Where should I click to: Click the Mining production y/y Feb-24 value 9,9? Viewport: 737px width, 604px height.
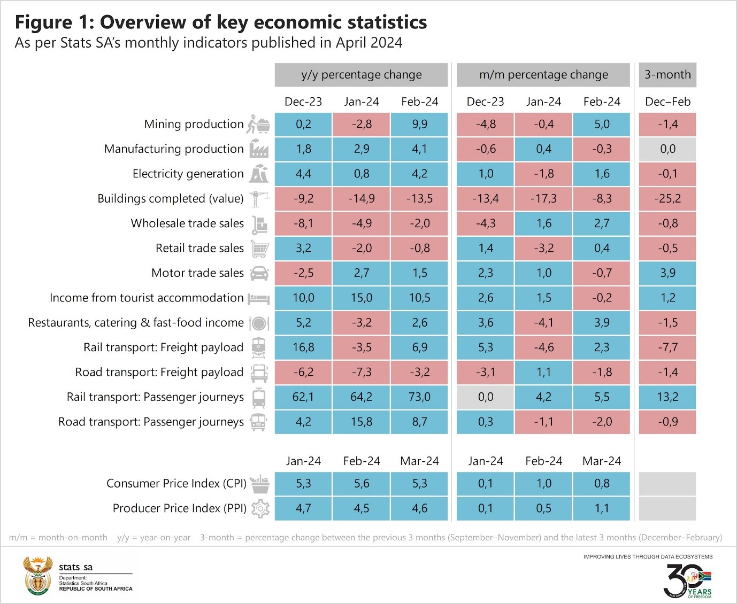coord(419,124)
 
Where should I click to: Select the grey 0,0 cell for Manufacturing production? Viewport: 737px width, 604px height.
coord(667,149)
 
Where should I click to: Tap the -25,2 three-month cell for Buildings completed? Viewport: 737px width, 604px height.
coord(667,199)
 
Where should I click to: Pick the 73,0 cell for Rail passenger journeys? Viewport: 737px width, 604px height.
coord(419,397)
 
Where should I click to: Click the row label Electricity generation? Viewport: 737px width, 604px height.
coord(188,174)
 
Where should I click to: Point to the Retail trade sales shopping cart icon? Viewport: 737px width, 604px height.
coord(259,249)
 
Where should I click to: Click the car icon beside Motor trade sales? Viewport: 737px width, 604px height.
coord(259,273)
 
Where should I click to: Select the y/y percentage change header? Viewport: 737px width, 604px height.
coord(361,75)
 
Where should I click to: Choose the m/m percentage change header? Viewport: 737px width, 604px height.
coord(543,75)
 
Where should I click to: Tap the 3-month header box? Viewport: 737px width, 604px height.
coord(667,75)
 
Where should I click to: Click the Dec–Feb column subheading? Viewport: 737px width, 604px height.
coord(667,102)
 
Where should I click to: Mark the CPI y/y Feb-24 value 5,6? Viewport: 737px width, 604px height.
coord(362,484)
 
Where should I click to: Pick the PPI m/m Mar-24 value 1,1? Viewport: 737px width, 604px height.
coord(602,508)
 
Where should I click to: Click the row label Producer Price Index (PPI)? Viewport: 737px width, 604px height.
coord(179,508)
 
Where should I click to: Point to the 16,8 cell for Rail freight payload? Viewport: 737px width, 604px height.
coord(303,347)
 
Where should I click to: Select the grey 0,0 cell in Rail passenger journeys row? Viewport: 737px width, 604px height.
coord(486,397)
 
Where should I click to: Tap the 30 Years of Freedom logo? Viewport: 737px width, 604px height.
coord(687,580)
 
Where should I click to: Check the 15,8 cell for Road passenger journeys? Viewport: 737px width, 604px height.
coord(362,422)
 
